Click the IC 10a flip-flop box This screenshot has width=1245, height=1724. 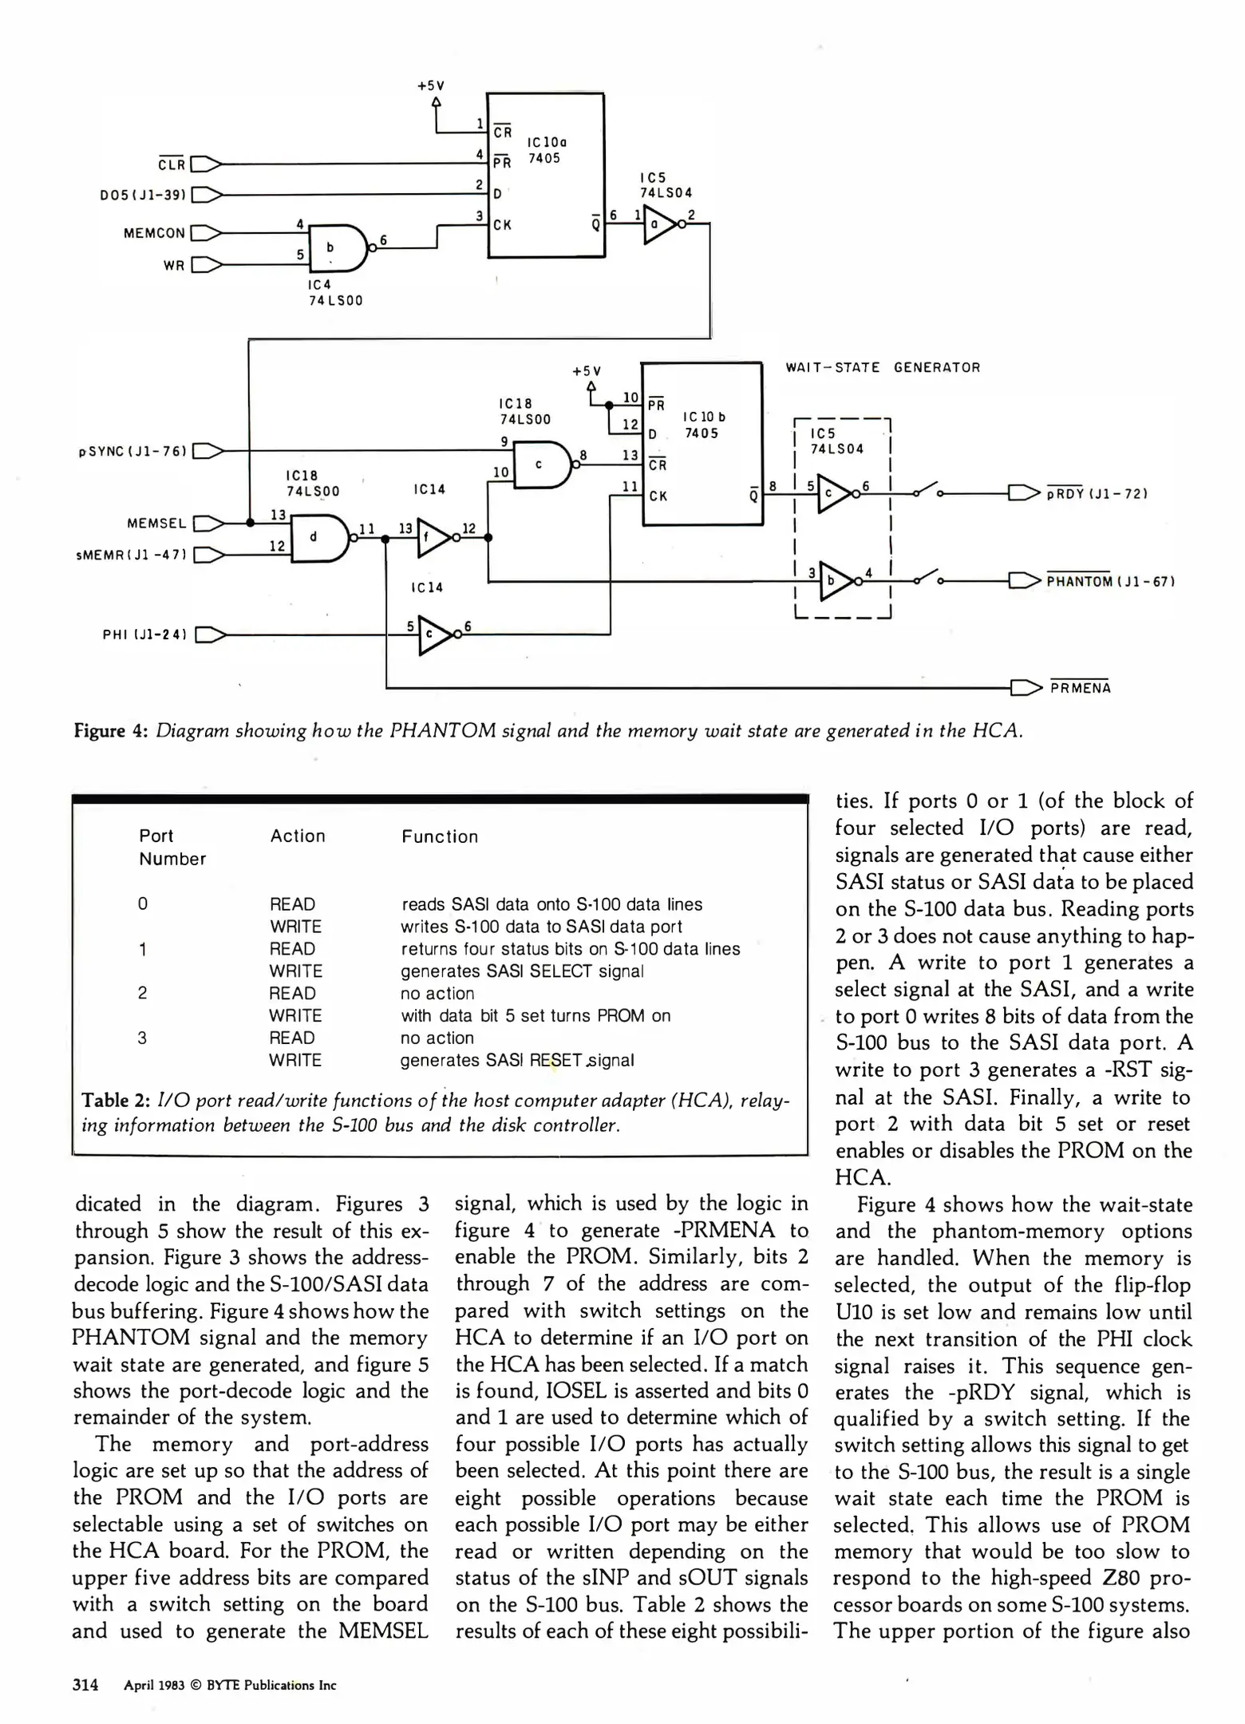(x=546, y=176)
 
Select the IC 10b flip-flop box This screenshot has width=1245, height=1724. (x=702, y=444)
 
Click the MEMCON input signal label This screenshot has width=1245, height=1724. (x=154, y=233)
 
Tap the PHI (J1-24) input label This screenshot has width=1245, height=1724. (x=144, y=635)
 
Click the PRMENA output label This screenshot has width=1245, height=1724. (x=1080, y=688)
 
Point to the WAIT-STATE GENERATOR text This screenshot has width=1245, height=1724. (x=883, y=368)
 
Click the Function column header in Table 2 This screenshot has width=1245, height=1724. (x=440, y=836)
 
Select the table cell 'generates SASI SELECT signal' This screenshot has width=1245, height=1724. (x=522, y=971)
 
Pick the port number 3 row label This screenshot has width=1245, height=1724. (x=142, y=1038)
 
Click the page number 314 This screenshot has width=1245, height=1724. (x=85, y=1685)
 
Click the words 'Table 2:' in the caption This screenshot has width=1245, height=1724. (x=117, y=1101)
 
